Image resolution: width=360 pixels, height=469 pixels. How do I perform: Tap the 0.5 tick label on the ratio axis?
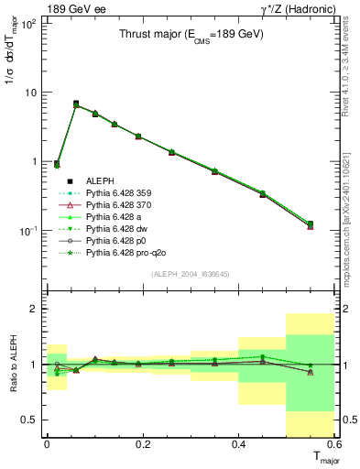32,420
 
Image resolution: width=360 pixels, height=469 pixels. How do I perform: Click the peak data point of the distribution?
76,104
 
